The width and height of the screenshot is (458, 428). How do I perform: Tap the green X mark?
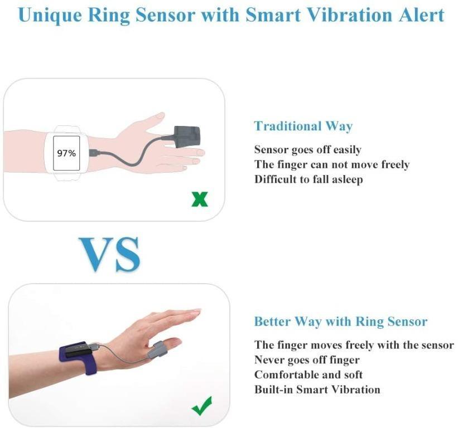(199, 199)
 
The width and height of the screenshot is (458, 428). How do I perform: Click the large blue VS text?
(109, 254)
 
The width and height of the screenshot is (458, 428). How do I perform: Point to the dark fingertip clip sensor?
(179, 137)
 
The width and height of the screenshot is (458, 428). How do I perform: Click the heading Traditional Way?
(303, 126)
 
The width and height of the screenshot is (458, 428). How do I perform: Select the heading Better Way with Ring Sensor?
(340, 322)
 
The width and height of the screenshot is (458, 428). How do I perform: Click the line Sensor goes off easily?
(307, 149)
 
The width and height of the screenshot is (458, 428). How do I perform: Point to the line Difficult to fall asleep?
(308, 179)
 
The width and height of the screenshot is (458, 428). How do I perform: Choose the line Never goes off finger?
(307, 360)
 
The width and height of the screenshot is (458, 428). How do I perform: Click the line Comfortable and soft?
(308, 374)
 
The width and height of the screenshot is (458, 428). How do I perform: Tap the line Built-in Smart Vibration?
(317, 390)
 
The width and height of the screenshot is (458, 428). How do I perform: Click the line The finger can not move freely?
(331, 164)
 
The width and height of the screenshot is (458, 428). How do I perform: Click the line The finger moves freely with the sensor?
(354, 345)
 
